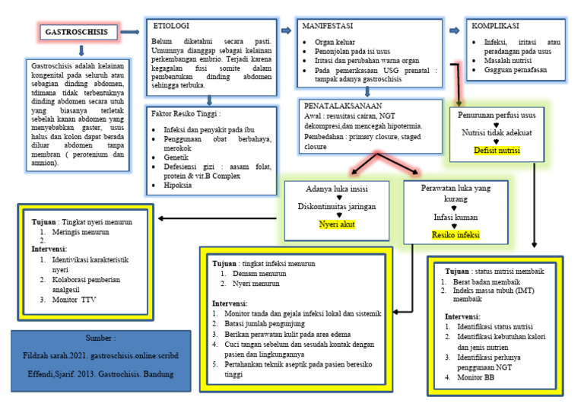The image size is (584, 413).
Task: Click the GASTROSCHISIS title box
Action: (81, 33)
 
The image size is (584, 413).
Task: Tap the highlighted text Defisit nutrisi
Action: (497, 150)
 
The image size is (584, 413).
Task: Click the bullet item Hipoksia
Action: (181, 185)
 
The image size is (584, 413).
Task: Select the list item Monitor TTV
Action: (78, 300)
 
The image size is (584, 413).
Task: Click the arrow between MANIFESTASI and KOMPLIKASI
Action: (455, 30)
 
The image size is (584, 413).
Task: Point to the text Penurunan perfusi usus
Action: (497, 115)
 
